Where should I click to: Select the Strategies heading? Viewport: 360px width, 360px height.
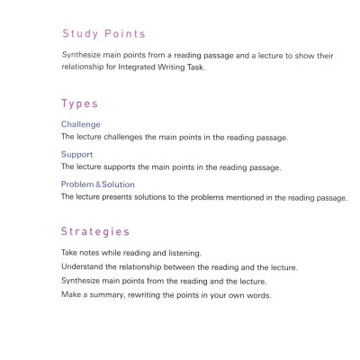pyautogui.click(x=98, y=231)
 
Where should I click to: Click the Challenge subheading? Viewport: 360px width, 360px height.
pyautogui.click(x=80, y=124)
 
